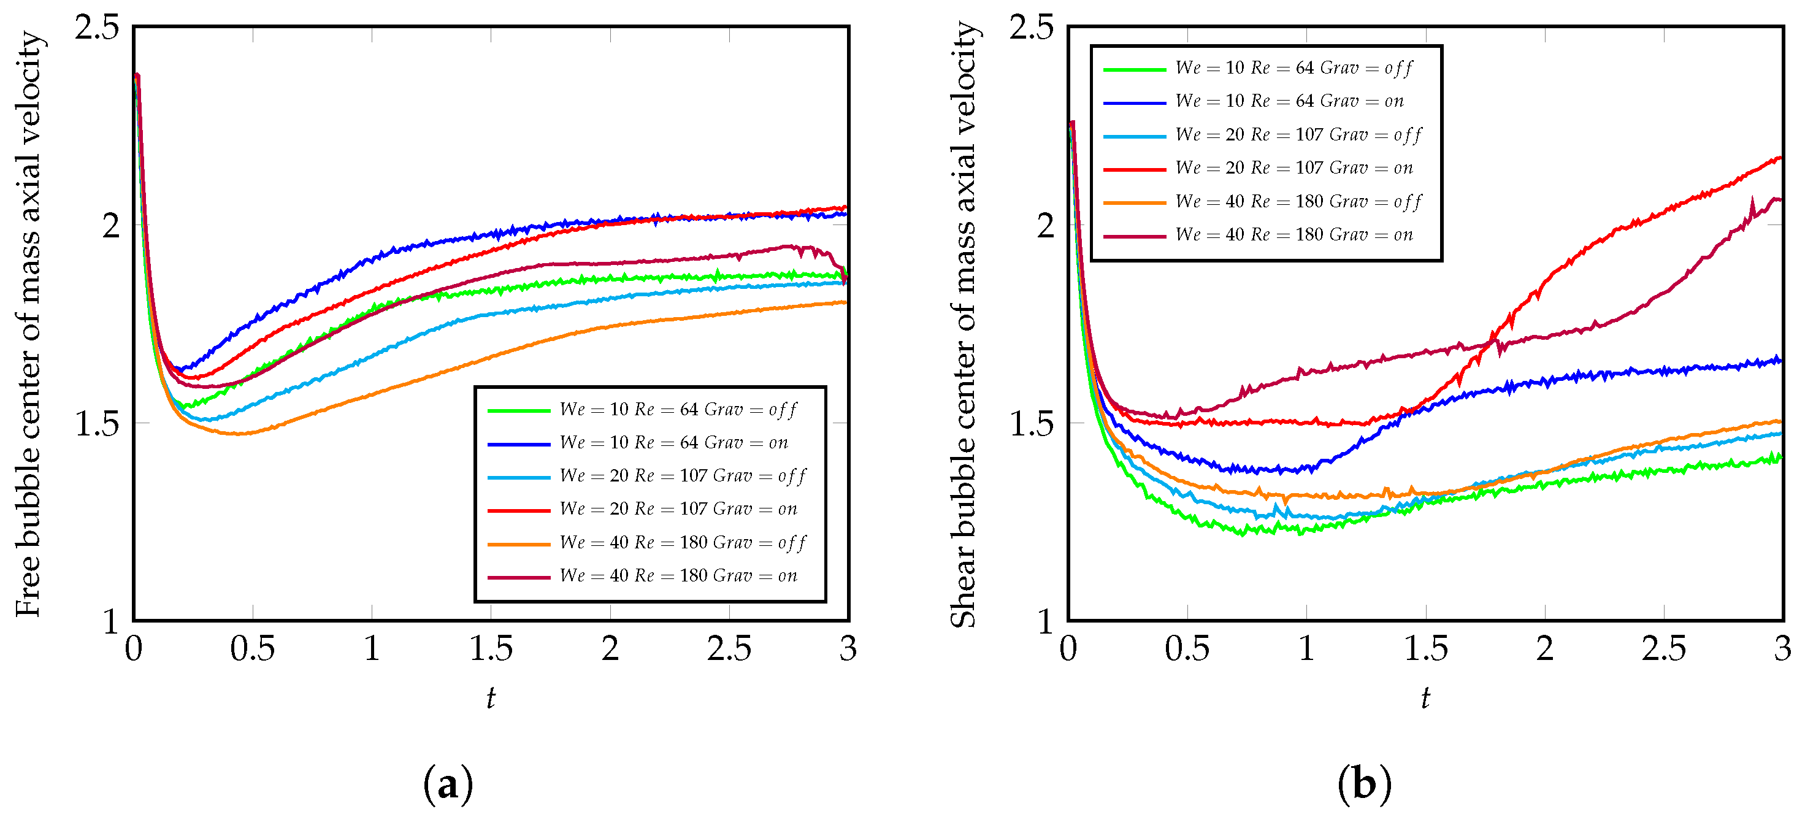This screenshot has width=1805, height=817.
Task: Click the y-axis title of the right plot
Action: point(964,324)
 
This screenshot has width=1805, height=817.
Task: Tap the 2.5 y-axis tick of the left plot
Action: point(98,28)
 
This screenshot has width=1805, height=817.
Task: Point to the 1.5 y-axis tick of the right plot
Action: point(1031,423)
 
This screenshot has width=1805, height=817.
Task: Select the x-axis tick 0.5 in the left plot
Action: point(252,649)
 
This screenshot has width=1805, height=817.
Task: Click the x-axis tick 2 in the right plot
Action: point(1544,649)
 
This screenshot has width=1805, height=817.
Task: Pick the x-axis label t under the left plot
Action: point(491,698)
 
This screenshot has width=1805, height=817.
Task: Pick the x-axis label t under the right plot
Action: point(1425,698)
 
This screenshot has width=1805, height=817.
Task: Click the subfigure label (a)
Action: point(448,784)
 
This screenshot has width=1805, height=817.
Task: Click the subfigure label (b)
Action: point(1363,784)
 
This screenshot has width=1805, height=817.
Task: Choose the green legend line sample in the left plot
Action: point(518,410)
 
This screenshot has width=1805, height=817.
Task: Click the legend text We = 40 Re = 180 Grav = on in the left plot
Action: point(678,576)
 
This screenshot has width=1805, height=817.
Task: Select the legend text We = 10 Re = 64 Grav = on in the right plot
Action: point(1289,102)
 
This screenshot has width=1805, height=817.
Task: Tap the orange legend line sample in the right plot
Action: point(1135,202)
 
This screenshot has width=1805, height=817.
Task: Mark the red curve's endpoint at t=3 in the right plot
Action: point(1780,158)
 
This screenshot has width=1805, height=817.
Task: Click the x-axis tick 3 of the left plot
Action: point(848,649)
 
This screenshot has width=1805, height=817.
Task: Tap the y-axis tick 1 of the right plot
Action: point(1044,621)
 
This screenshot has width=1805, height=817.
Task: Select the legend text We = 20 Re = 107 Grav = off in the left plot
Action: point(683,477)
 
